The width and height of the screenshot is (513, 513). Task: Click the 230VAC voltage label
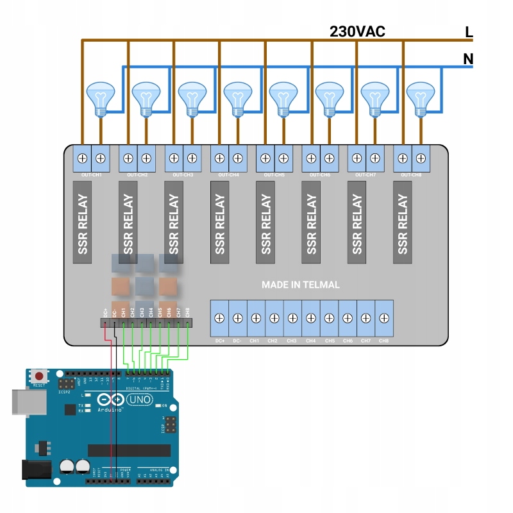click(x=357, y=31)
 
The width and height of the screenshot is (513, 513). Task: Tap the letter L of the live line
click(x=469, y=31)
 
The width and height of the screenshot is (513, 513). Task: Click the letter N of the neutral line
click(x=468, y=60)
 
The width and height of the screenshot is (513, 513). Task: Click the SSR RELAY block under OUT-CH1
click(x=82, y=222)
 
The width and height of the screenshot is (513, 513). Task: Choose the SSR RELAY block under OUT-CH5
click(x=265, y=222)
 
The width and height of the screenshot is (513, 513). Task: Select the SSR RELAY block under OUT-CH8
click(x=403, y=222)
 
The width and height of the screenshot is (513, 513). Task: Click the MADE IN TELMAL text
click(x=300, y=284)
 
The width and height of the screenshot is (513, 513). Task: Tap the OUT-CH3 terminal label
click(x=183, y=174)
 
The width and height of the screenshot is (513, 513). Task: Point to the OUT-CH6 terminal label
click(x=320, y=174)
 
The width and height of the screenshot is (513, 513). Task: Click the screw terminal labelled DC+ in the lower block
click(x=219, y=317)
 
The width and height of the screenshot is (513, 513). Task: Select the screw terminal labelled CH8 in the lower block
click(x=383, y=317)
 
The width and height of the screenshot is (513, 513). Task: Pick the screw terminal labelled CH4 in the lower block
click(x=310, y=317)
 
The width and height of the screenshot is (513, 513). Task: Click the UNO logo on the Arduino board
click(x=140, y=400)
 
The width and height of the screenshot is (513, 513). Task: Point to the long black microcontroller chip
click(x=129, y=450)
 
